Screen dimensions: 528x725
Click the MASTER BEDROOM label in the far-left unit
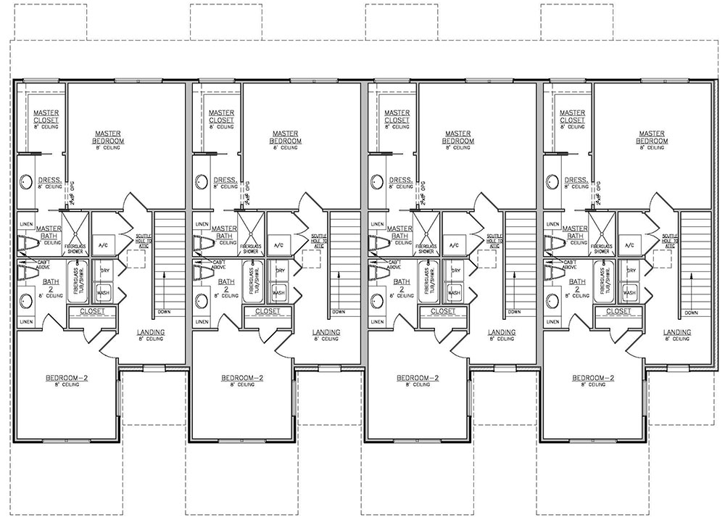pos(111,137)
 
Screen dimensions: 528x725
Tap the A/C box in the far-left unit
pos(103,246)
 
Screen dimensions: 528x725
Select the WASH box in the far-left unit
pos(103,293)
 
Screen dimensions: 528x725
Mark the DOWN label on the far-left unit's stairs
pos(164,313)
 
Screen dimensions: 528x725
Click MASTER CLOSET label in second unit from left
pos(220,116)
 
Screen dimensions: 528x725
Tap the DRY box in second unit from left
pos(279,271)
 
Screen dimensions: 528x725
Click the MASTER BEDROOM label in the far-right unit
pos(638,137)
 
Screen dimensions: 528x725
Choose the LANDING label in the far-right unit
pos(677,332)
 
